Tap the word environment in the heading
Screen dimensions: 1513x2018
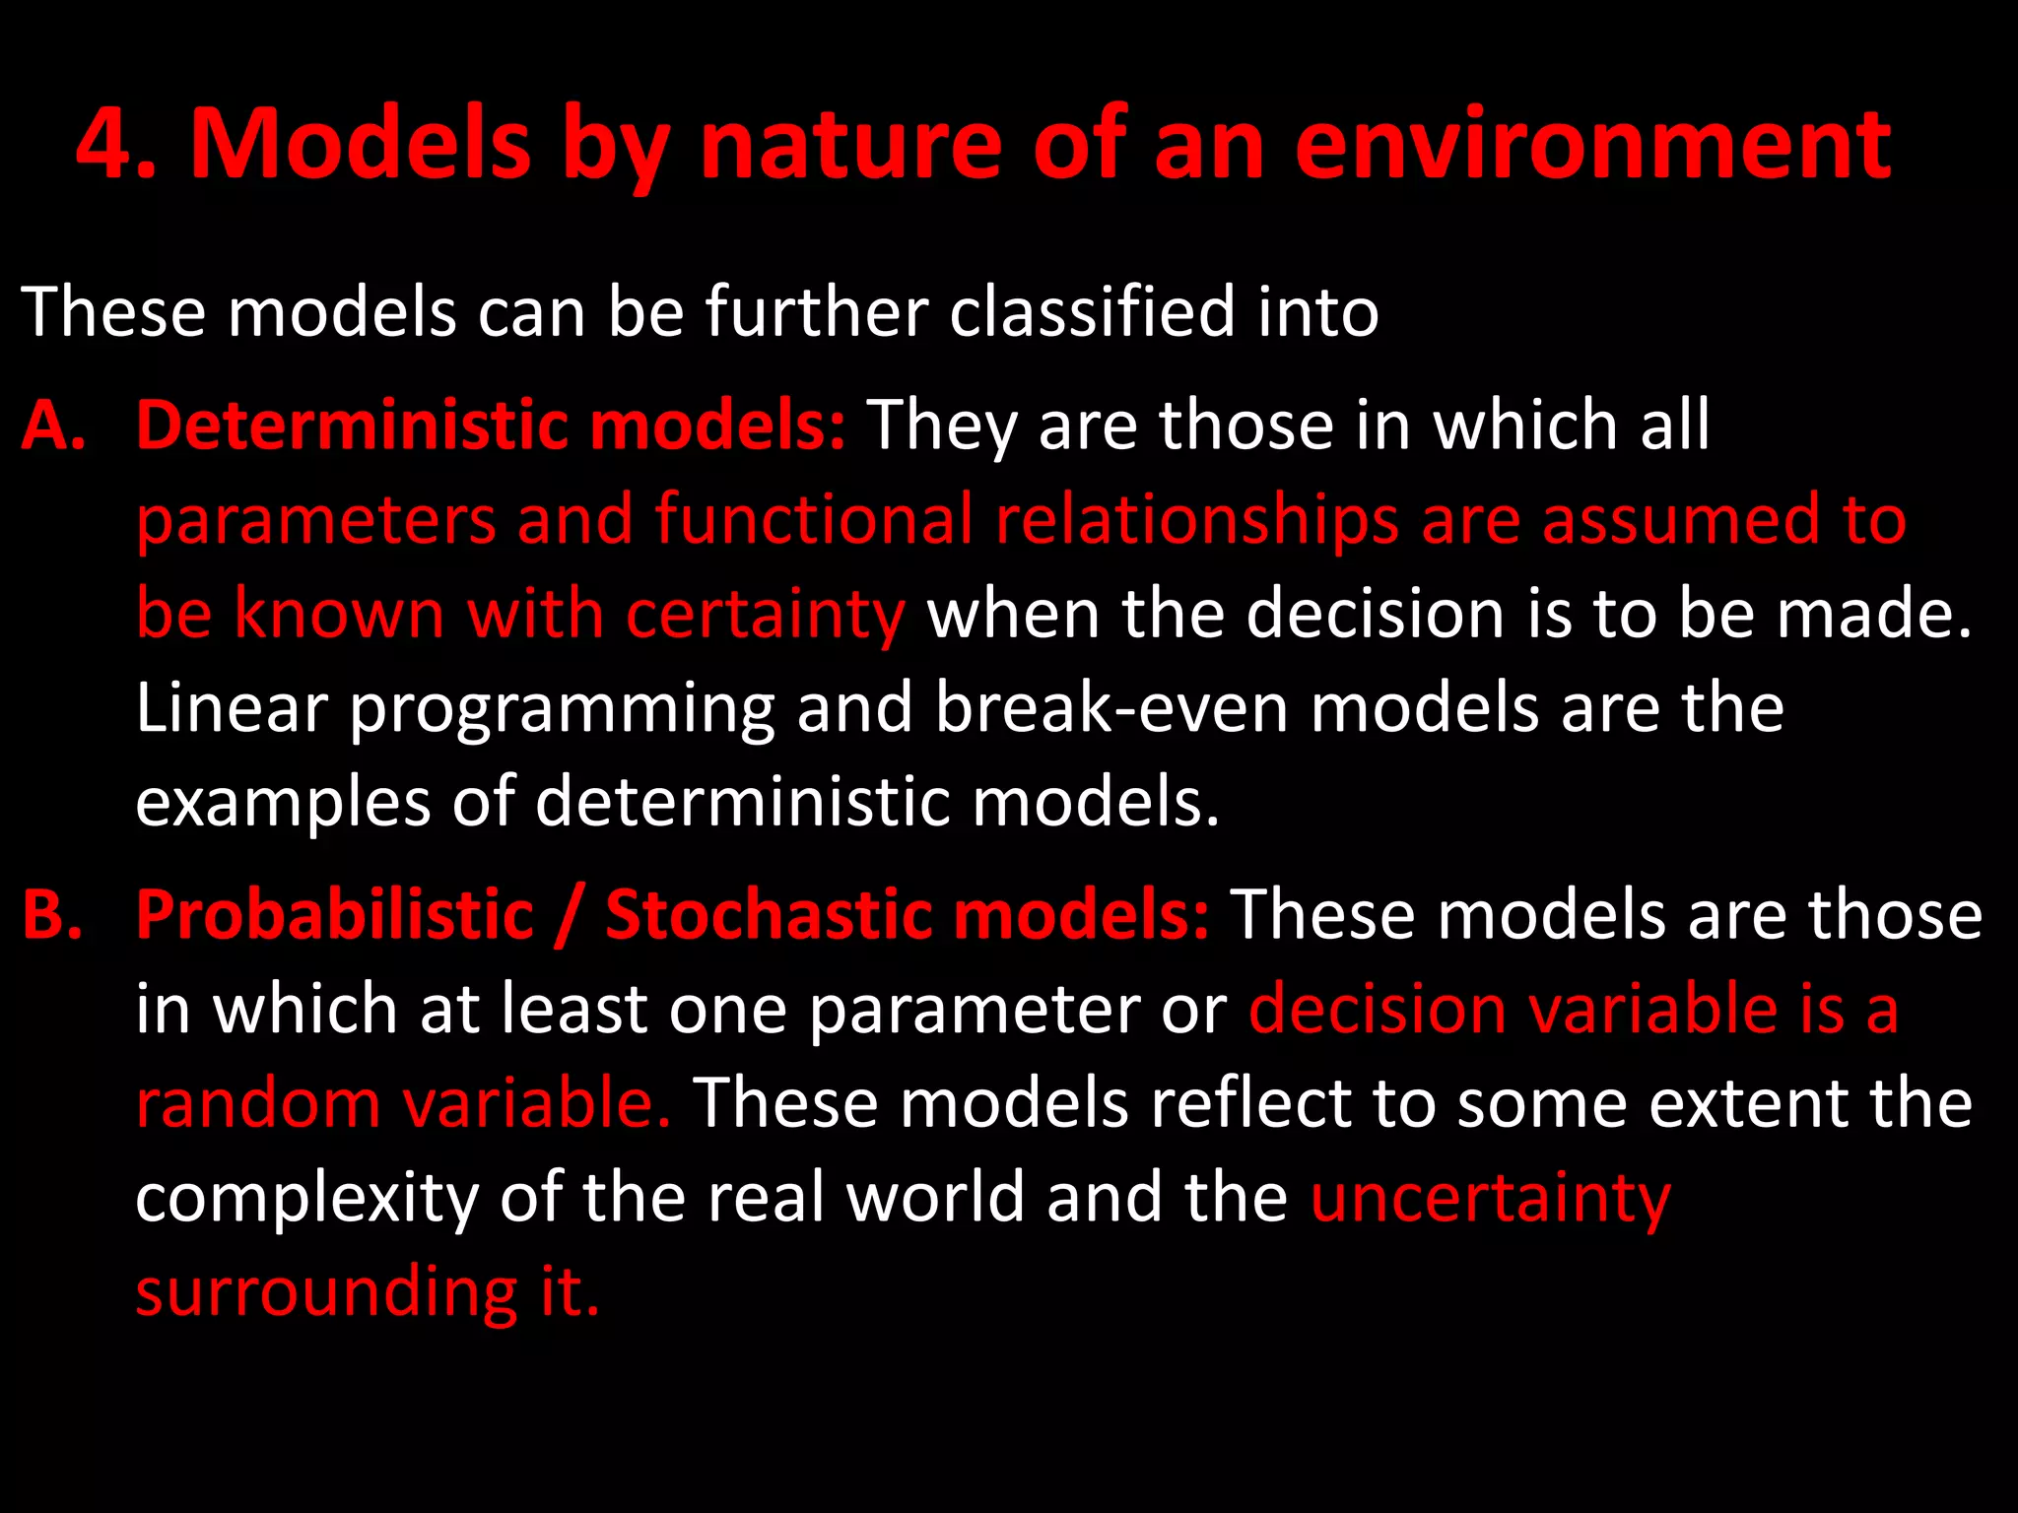(1592, 145)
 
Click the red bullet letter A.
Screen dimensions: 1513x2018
(51, 426)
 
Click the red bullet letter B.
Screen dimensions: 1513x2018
(51, 914)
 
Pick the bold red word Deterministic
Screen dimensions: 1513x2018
(352, 426)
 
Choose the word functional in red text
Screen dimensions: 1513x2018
(814, 519)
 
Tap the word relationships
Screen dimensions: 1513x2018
(1197, 519)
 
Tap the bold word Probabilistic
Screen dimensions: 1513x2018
(335, 914)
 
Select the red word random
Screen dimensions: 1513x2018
(258, 1102)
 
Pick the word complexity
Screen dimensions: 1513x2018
(306, 1199)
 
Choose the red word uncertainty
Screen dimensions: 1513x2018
(1491, 1199)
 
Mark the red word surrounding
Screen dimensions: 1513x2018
(326, 1292)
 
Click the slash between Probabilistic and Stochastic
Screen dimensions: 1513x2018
(569, 914)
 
